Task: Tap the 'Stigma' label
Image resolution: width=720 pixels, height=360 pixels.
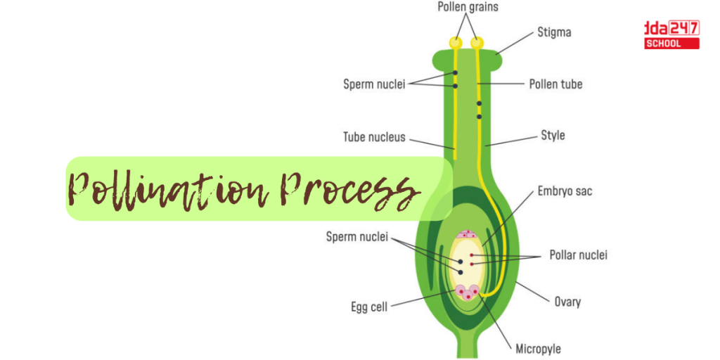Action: (554, 32)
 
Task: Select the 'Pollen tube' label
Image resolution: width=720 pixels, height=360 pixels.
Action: (555, 84)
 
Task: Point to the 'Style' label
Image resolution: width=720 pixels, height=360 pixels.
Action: (553, 135)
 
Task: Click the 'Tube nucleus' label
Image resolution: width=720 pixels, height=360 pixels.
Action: (374, 137)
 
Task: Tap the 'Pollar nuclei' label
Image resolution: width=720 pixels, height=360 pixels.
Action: (578, 255)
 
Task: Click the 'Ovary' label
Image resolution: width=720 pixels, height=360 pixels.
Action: (567, 302)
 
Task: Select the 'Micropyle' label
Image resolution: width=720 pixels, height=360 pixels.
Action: (538, 348)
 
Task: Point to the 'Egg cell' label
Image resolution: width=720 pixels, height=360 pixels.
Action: (369, 307)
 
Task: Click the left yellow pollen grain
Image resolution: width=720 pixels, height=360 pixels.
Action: (456, 43)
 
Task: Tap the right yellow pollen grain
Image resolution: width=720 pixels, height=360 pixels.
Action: (477, 43)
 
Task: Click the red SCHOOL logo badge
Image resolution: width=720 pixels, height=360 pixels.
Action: (672, 44)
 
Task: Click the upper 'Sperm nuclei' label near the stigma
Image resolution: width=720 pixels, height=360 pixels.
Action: (374, 84)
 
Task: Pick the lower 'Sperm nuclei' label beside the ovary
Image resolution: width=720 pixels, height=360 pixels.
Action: (356, 237)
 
